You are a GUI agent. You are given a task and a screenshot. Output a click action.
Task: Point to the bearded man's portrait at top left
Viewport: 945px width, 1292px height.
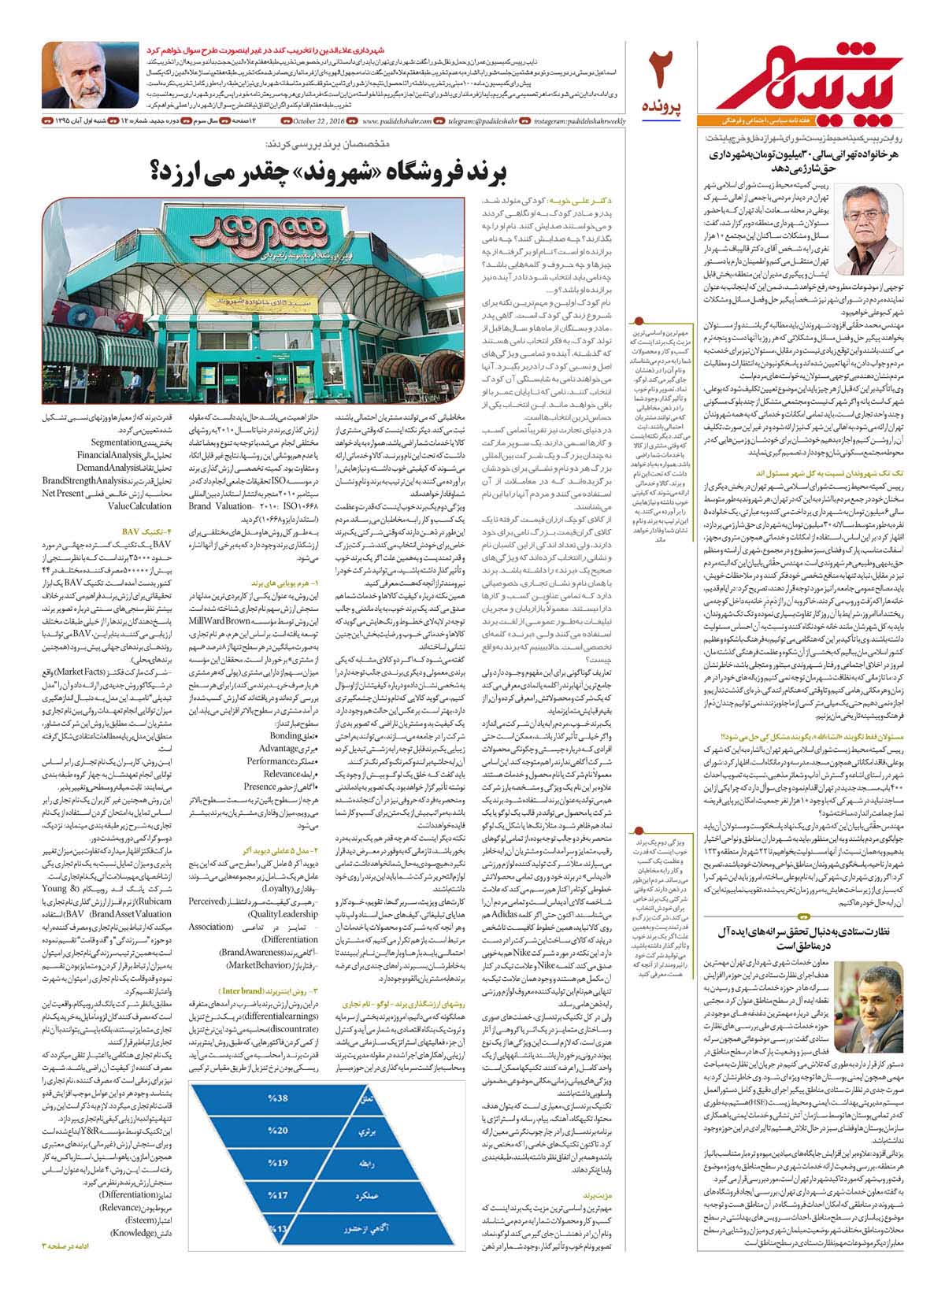tap(89, 76)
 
